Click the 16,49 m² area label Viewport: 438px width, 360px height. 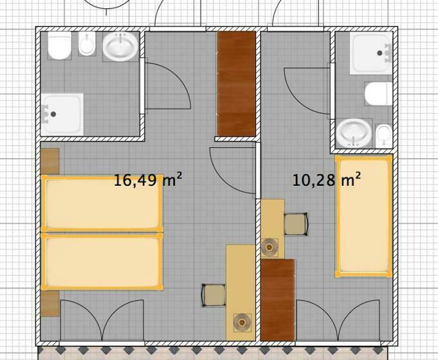coord(148,179)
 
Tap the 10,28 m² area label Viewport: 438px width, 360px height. coord(326,179)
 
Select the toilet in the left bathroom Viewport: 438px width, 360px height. coord(60,46)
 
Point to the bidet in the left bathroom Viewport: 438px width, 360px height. coord(87,44)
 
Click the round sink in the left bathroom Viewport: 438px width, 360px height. coord(121,47)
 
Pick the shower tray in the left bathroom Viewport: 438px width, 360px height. coord(62,114)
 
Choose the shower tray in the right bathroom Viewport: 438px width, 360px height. coord(371,53)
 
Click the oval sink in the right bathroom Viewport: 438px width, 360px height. coord(354,133)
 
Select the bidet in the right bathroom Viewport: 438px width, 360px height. coord(384,136)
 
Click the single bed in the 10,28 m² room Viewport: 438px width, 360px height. coord(363,217)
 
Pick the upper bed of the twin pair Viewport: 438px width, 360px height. coord(102,203)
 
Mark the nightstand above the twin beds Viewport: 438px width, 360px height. coord(50,161)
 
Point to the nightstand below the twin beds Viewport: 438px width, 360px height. coord(50,304)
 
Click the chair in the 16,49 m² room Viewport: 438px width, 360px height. coord(214,295)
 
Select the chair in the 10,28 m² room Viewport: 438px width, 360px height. coord(296,224)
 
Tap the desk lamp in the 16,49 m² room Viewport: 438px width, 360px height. coord(242,323)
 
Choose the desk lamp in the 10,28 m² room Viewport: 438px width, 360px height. coord(269,248)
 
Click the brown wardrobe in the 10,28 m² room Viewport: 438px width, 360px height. coord(278,300)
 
